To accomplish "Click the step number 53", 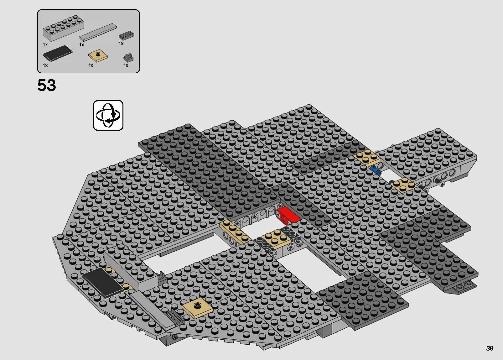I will pos(47,85).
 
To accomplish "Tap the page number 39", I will pos(490,348).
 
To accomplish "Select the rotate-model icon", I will pos(108,115).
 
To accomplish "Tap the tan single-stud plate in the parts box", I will pos(98,56).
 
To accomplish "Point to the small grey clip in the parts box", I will pos(128,57).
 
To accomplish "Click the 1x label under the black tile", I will pos(45,65).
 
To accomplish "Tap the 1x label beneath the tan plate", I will pos(91,65).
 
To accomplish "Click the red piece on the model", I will pos(288,215).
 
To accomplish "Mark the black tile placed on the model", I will pos(102,282).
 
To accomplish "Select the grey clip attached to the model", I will pos(162,277).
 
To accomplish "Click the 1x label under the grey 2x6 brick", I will pos(45,45).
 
